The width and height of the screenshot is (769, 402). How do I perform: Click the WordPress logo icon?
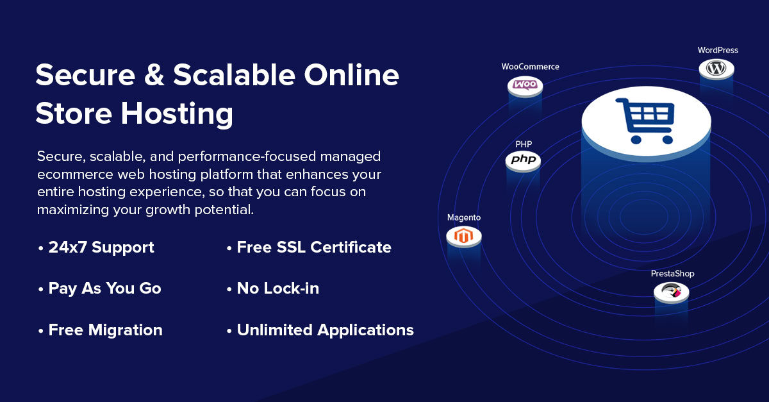[716, 68]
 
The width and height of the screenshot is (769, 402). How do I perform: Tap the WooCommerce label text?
[530, 67]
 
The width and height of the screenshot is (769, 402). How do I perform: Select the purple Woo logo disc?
[525, 85]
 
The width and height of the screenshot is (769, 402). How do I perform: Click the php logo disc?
[523, 160]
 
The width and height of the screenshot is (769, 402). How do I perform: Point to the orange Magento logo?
[463, 236]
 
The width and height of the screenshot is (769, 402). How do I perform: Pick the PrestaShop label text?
[672, 274]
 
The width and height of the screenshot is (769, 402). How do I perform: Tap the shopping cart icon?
[645, 121]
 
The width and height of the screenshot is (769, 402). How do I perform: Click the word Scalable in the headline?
[234, 74]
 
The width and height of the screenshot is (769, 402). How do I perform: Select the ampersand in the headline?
[154, 74]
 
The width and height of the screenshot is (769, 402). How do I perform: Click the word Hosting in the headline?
[177, 113]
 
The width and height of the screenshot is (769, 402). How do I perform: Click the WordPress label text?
[718, 50]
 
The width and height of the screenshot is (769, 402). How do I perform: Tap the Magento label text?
[464, 217]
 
